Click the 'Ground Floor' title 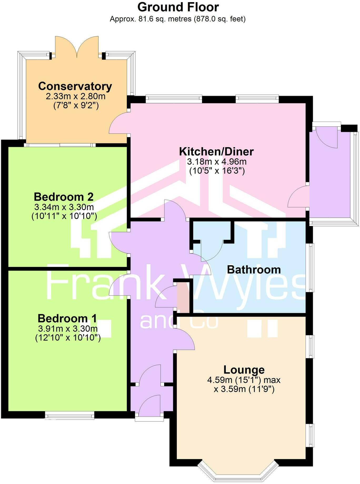click(x=178, y=7)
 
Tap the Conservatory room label click(x=75, y=86)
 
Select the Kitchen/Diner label click(x=216, y=152)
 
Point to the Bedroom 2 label click(x=64, y=197)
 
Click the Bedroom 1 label click(x=67, y=318)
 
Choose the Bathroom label click(x=254, y=270)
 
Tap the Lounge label click(x=244, y=370)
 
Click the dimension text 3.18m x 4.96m click(x=217, y=161)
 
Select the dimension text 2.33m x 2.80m click(x=76, y=96)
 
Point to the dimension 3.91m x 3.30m click(x=68, y=328)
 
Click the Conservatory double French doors click(x=77, y=47)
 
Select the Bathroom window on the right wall click(x=311, y=267)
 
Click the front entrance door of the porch click(x=149, y=406)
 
